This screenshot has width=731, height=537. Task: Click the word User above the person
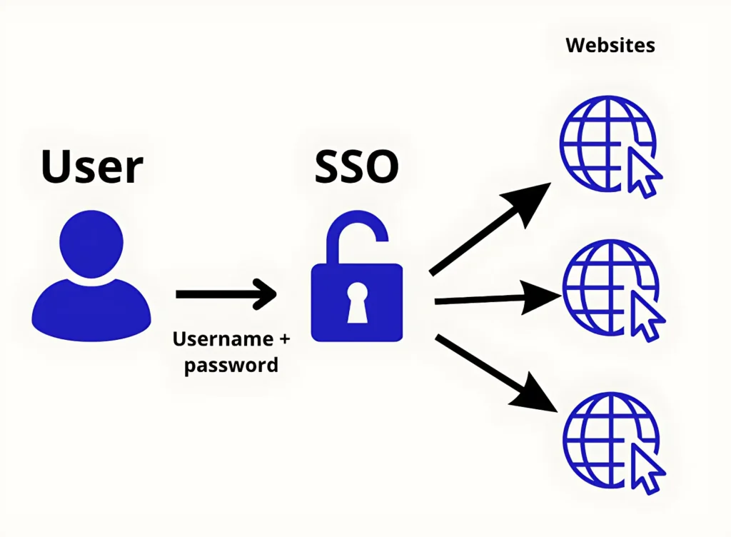pos(92,167)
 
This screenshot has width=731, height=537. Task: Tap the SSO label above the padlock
pos(357,167)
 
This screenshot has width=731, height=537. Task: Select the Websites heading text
pos(610,46)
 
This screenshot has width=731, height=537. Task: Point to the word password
pos(231,365)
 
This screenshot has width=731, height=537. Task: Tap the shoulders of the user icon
pos(91,307)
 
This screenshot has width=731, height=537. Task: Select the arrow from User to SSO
pos(225,293)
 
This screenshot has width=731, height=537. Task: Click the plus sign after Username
pos(284,338)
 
